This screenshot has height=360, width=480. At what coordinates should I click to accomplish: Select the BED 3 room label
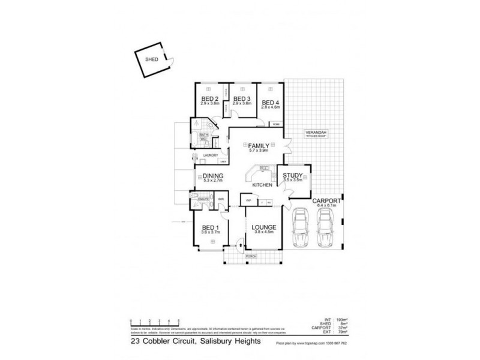241,99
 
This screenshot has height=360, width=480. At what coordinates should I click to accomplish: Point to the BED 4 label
271,102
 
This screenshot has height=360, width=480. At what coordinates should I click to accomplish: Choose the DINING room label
212,175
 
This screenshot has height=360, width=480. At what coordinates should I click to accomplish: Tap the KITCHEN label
262,185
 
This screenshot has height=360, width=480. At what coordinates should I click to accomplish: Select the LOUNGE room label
263,227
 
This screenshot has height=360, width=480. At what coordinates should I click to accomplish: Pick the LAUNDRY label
209,155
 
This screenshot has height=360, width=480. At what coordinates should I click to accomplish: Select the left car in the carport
299,230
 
